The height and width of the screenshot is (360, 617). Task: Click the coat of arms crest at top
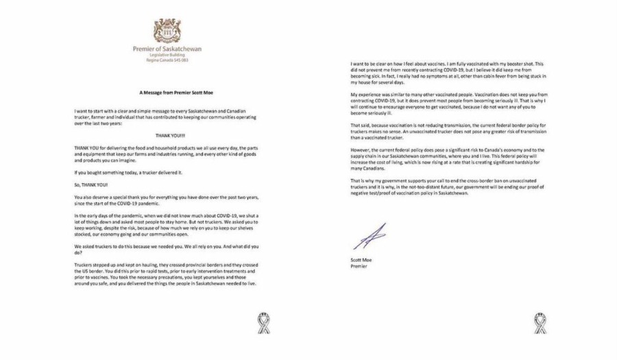(x=167, y=32)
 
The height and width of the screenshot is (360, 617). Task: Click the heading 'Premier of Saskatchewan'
(x=167, y=49)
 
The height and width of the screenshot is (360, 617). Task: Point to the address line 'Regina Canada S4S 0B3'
(x=167, y=61)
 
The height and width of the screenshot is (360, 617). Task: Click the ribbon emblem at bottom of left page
(x=263, y=323)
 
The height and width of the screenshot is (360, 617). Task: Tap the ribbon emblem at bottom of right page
(x=540, y=323)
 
